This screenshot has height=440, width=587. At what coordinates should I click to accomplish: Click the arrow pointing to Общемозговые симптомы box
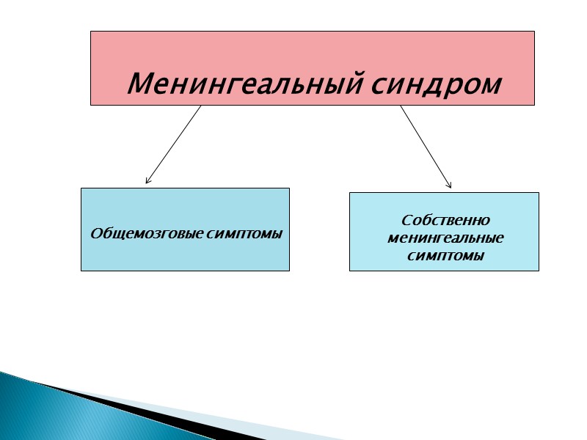click(x=174, y=144)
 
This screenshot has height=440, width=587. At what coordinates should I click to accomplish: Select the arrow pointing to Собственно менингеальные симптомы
click(x=425, y=145)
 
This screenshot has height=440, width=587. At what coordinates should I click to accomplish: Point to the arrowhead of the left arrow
click(x=147, y=180)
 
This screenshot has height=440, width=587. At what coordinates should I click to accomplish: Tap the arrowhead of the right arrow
click(x=449, y=185)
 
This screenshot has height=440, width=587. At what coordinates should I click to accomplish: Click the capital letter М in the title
click(x=139, y=84)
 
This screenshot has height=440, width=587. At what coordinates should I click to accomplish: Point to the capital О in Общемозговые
click(x=95, y=233)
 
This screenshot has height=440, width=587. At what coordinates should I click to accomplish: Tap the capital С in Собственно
click(x=406, y=220)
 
